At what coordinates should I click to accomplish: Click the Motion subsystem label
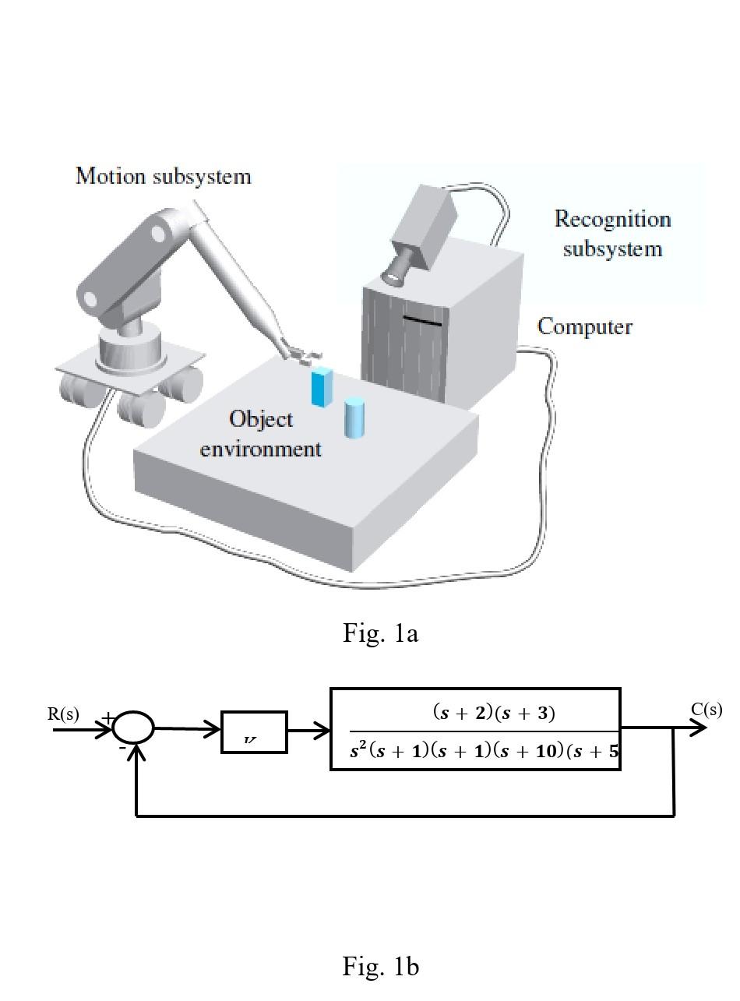pyautogui.click(x=164, y=176)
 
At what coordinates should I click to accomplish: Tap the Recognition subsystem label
pyautogui.click(x=612, y=234)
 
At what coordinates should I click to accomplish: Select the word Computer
pyautogui.click(x=584, y=326)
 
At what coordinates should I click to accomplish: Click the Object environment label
pyautogui.click(x=261, y=434)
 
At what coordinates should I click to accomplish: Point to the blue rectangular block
pyautogui.click(x=321, y=386)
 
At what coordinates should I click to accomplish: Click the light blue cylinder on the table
pyautogui.click(x=354, y=418)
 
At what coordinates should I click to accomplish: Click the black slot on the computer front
pyautogui.click(x=422, y=320)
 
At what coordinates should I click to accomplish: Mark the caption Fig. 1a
pyautogui.click(x=380, y=633)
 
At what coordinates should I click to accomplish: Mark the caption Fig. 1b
pyautogui.click(x=380, y=967)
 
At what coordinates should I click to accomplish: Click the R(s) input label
pyautogui.click(x=63, y=714)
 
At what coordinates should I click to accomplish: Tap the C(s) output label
pyautogui.click(x=706, y=710)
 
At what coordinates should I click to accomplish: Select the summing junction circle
pyautogui.click(x=133, y=729)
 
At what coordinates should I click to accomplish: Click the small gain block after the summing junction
pyautogui.click(x=254, y=732)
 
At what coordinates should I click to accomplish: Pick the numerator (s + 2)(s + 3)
pyautogui.click(x=494, y=712)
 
